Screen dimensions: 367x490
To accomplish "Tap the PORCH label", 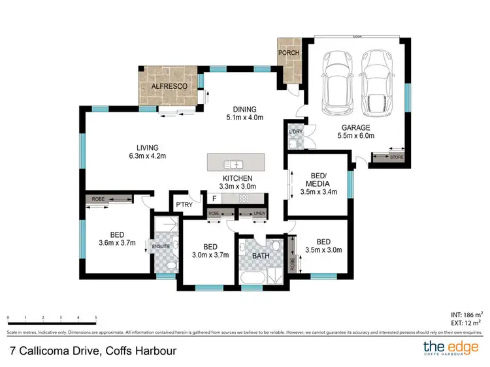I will (288, 54).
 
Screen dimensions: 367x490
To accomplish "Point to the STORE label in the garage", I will (396, 157).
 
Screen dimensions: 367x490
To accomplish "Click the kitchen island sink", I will (233, 164).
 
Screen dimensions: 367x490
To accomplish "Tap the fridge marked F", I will (213, 199).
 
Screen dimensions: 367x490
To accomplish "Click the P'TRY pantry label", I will (183, 206).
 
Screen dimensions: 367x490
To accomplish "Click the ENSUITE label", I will (161, 246).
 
